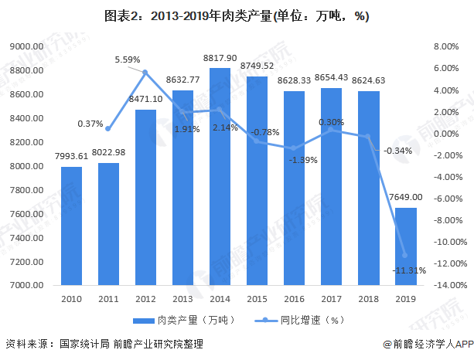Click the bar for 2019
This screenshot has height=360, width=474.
(406, 246)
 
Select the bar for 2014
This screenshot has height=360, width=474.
(220, 176)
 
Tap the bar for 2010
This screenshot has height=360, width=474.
(71, 226)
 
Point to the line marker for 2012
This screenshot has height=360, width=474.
(145, 72)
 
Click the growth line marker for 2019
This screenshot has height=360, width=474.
(405, 255)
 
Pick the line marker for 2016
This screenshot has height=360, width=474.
(294, 148)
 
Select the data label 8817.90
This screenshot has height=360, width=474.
(220, 58)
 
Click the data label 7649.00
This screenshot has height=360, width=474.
(406, 197)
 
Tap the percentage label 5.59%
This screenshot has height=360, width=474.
(128, 59)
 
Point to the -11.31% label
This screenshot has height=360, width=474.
(409, 270)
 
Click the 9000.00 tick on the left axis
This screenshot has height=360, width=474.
(26, 46)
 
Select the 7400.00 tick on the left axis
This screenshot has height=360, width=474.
(26, 238)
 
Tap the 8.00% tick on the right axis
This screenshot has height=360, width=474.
(446, 46)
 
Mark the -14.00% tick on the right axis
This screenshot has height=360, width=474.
(451, 285)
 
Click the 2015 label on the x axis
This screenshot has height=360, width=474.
(257, 299)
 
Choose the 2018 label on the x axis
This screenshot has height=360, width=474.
(369, 299)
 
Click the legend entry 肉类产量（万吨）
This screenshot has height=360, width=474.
(184, 320)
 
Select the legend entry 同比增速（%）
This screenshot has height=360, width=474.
(299, 320)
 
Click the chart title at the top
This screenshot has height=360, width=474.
(237, 15)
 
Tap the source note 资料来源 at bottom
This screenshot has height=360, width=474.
(104, 344)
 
